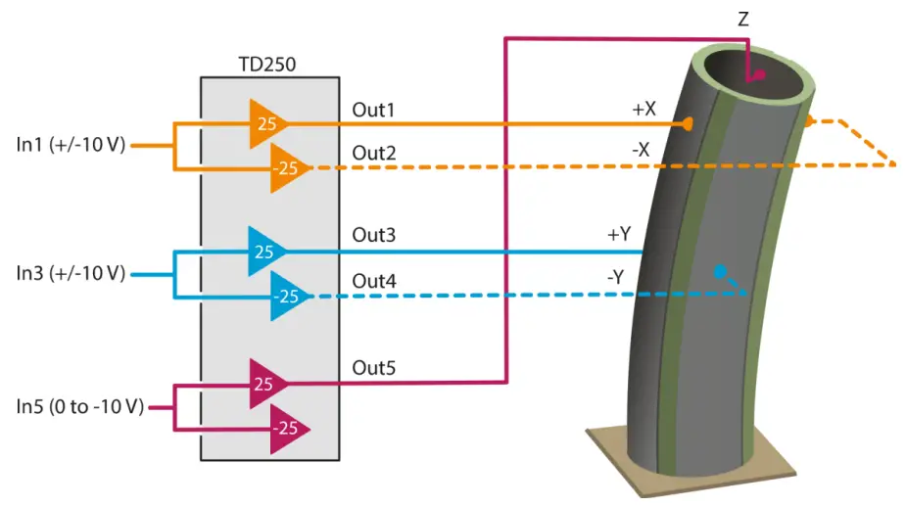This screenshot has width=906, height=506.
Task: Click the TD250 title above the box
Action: click(267, 65)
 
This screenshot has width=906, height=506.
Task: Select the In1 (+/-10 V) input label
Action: click(72, 145)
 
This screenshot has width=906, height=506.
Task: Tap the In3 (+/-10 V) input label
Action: click(72, 273)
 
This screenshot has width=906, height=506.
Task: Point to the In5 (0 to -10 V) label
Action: click(79, 406)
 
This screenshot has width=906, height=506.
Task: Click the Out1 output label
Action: click(373, 110)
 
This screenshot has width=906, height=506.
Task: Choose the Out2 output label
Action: click(374, 153)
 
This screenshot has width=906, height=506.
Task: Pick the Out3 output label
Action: click(374, 235)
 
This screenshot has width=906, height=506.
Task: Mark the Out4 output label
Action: click(374, 281)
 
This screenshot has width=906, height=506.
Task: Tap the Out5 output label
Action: click(374, 368)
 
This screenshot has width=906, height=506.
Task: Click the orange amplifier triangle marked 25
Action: click(268, 123)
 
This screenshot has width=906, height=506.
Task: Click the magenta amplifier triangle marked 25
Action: click(268, 384)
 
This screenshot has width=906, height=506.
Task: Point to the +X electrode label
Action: click(644, 110)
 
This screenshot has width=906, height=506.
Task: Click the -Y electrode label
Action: click(615, 278)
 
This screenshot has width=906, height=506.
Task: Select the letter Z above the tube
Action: click(743, 20)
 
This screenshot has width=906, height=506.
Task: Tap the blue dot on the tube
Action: click(719, 271)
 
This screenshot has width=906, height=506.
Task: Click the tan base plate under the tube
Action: click(691, 462)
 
